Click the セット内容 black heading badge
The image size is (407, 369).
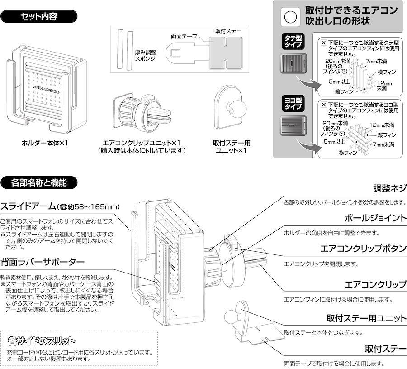(39, 16)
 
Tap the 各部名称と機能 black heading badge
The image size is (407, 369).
(39, 182)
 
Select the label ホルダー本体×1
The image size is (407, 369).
(45, 143)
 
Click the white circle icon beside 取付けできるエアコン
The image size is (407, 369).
(290, 17)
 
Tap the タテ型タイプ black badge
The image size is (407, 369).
(293, 41)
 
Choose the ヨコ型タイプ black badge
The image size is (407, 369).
(293, 103)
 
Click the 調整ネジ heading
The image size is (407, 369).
(390, 188)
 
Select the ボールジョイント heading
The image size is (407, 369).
(376, 218)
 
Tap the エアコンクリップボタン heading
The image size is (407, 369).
(364, 249)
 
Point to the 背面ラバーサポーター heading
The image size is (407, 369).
(43, 262)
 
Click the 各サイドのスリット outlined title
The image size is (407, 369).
(42, 340)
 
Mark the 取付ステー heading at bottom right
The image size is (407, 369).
(385, 349)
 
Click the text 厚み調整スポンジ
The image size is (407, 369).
(145, 55)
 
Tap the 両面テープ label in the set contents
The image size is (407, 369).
(184, 36)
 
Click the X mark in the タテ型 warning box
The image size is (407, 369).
(323, 43)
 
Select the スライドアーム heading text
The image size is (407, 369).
(28, 206)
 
